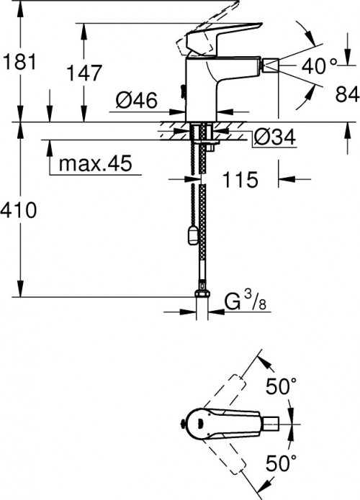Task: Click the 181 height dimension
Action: (18, 62)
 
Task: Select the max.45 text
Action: (95, 164)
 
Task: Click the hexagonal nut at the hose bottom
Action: (202, 294)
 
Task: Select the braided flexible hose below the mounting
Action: (201, 216)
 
